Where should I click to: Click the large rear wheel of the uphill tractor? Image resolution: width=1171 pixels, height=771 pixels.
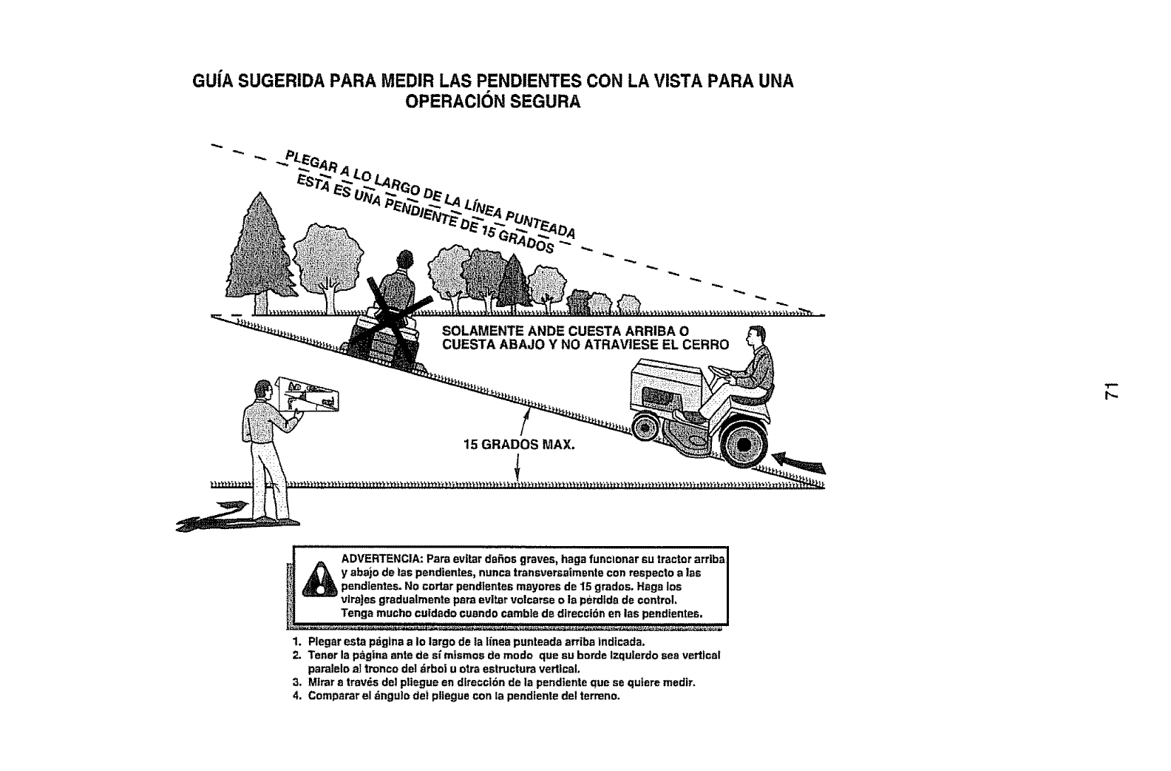(x=741, y=445)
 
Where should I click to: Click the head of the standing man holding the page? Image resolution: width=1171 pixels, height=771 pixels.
(x=261, y=390)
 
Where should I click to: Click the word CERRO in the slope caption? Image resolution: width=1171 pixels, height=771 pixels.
(x=704, y=345)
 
